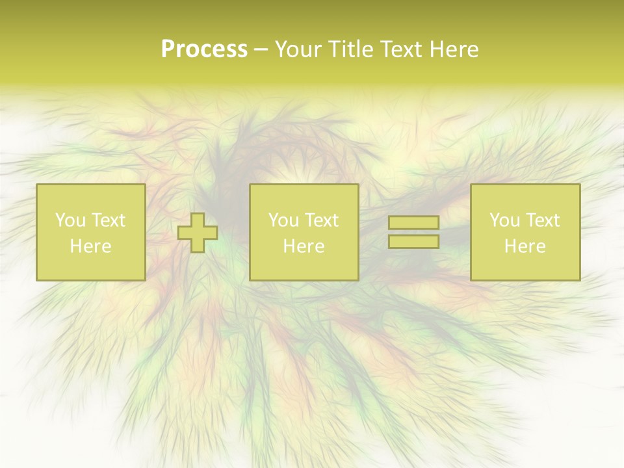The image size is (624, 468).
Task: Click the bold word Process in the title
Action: point(204,49)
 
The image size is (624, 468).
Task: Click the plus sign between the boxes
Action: point(198,233)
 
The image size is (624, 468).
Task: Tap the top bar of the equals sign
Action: point(413,223)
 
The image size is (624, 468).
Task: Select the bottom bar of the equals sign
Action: point(413,241)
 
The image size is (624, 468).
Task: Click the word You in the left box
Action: point(70,220)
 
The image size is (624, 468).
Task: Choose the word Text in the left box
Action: point(108,220)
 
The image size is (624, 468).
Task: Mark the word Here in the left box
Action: point(90,246)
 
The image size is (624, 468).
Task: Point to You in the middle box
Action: point(283,220)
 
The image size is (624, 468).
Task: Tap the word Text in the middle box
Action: point(321,220)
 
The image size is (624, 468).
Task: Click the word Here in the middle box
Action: point(304,246)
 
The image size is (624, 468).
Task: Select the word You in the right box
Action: point(504,220)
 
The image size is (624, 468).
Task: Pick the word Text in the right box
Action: point(542,220)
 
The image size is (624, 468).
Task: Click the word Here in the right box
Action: point(525,246)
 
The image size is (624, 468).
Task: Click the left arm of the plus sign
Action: point(185,233)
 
